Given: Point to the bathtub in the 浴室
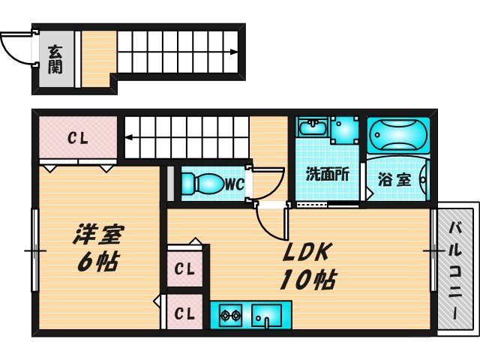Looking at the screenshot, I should pyautogui.click(x=398, y=136).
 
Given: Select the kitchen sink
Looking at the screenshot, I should pyautogui.click(x=265, y=316).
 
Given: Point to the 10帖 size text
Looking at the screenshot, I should pyautogui.click(x=307, y=280).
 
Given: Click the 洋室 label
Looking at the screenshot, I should pyautogui.click(x=98, y=235).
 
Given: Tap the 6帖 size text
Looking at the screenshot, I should pyautogui.click(x=98, y=263).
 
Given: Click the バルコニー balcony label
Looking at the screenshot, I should pyautogui.click(x=455, y=266).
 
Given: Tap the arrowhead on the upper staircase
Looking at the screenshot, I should pyautogui.click(x=235, y=52).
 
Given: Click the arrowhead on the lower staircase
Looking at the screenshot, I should pyautogui.click(x=128, y=137).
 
